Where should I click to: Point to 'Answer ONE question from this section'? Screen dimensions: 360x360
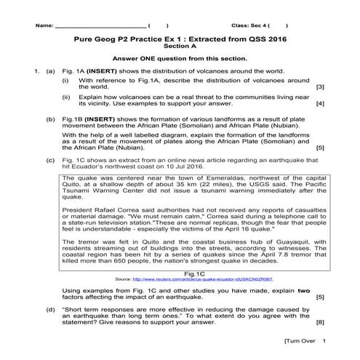[x=180, y=57]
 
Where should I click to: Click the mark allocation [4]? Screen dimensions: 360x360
[x=319, y=103]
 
